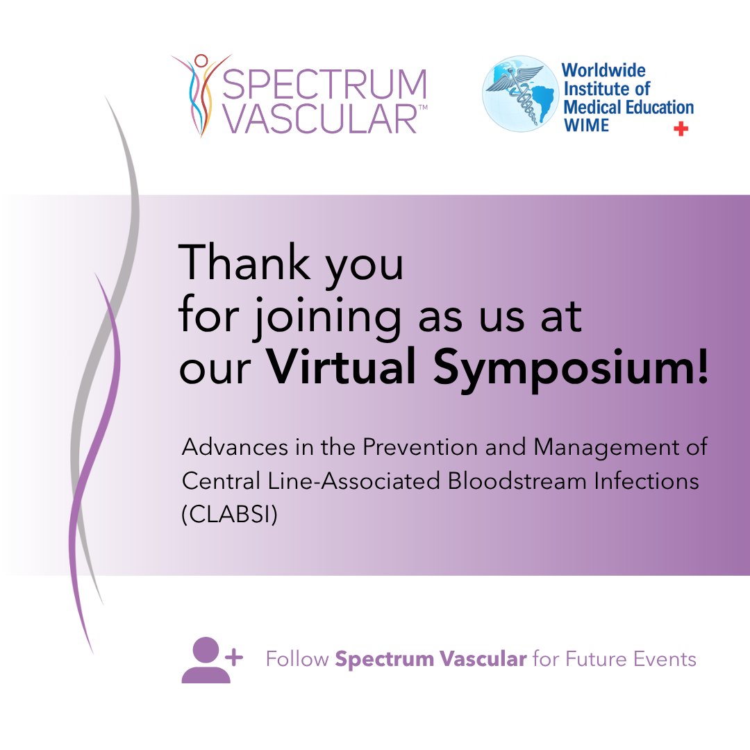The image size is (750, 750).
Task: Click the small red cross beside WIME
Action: [681, 128]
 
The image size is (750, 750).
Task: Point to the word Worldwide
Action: [603, 70]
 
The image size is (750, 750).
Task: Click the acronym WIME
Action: [585, 124]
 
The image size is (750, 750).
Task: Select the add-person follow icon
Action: [210, 660]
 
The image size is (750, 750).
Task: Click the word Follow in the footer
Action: [297, 658]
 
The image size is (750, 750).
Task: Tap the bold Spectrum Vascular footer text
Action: [431, 658]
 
